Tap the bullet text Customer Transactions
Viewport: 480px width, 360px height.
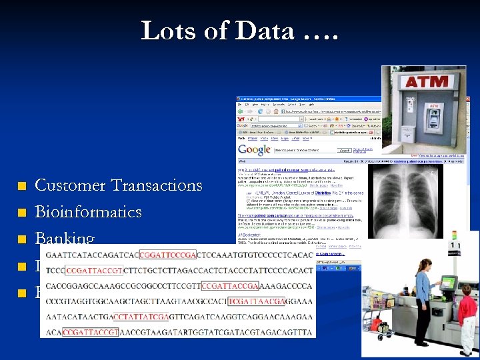pos(118,185)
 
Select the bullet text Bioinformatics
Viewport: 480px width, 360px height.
pos(88,212)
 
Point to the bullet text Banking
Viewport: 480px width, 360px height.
pos(65,238)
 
